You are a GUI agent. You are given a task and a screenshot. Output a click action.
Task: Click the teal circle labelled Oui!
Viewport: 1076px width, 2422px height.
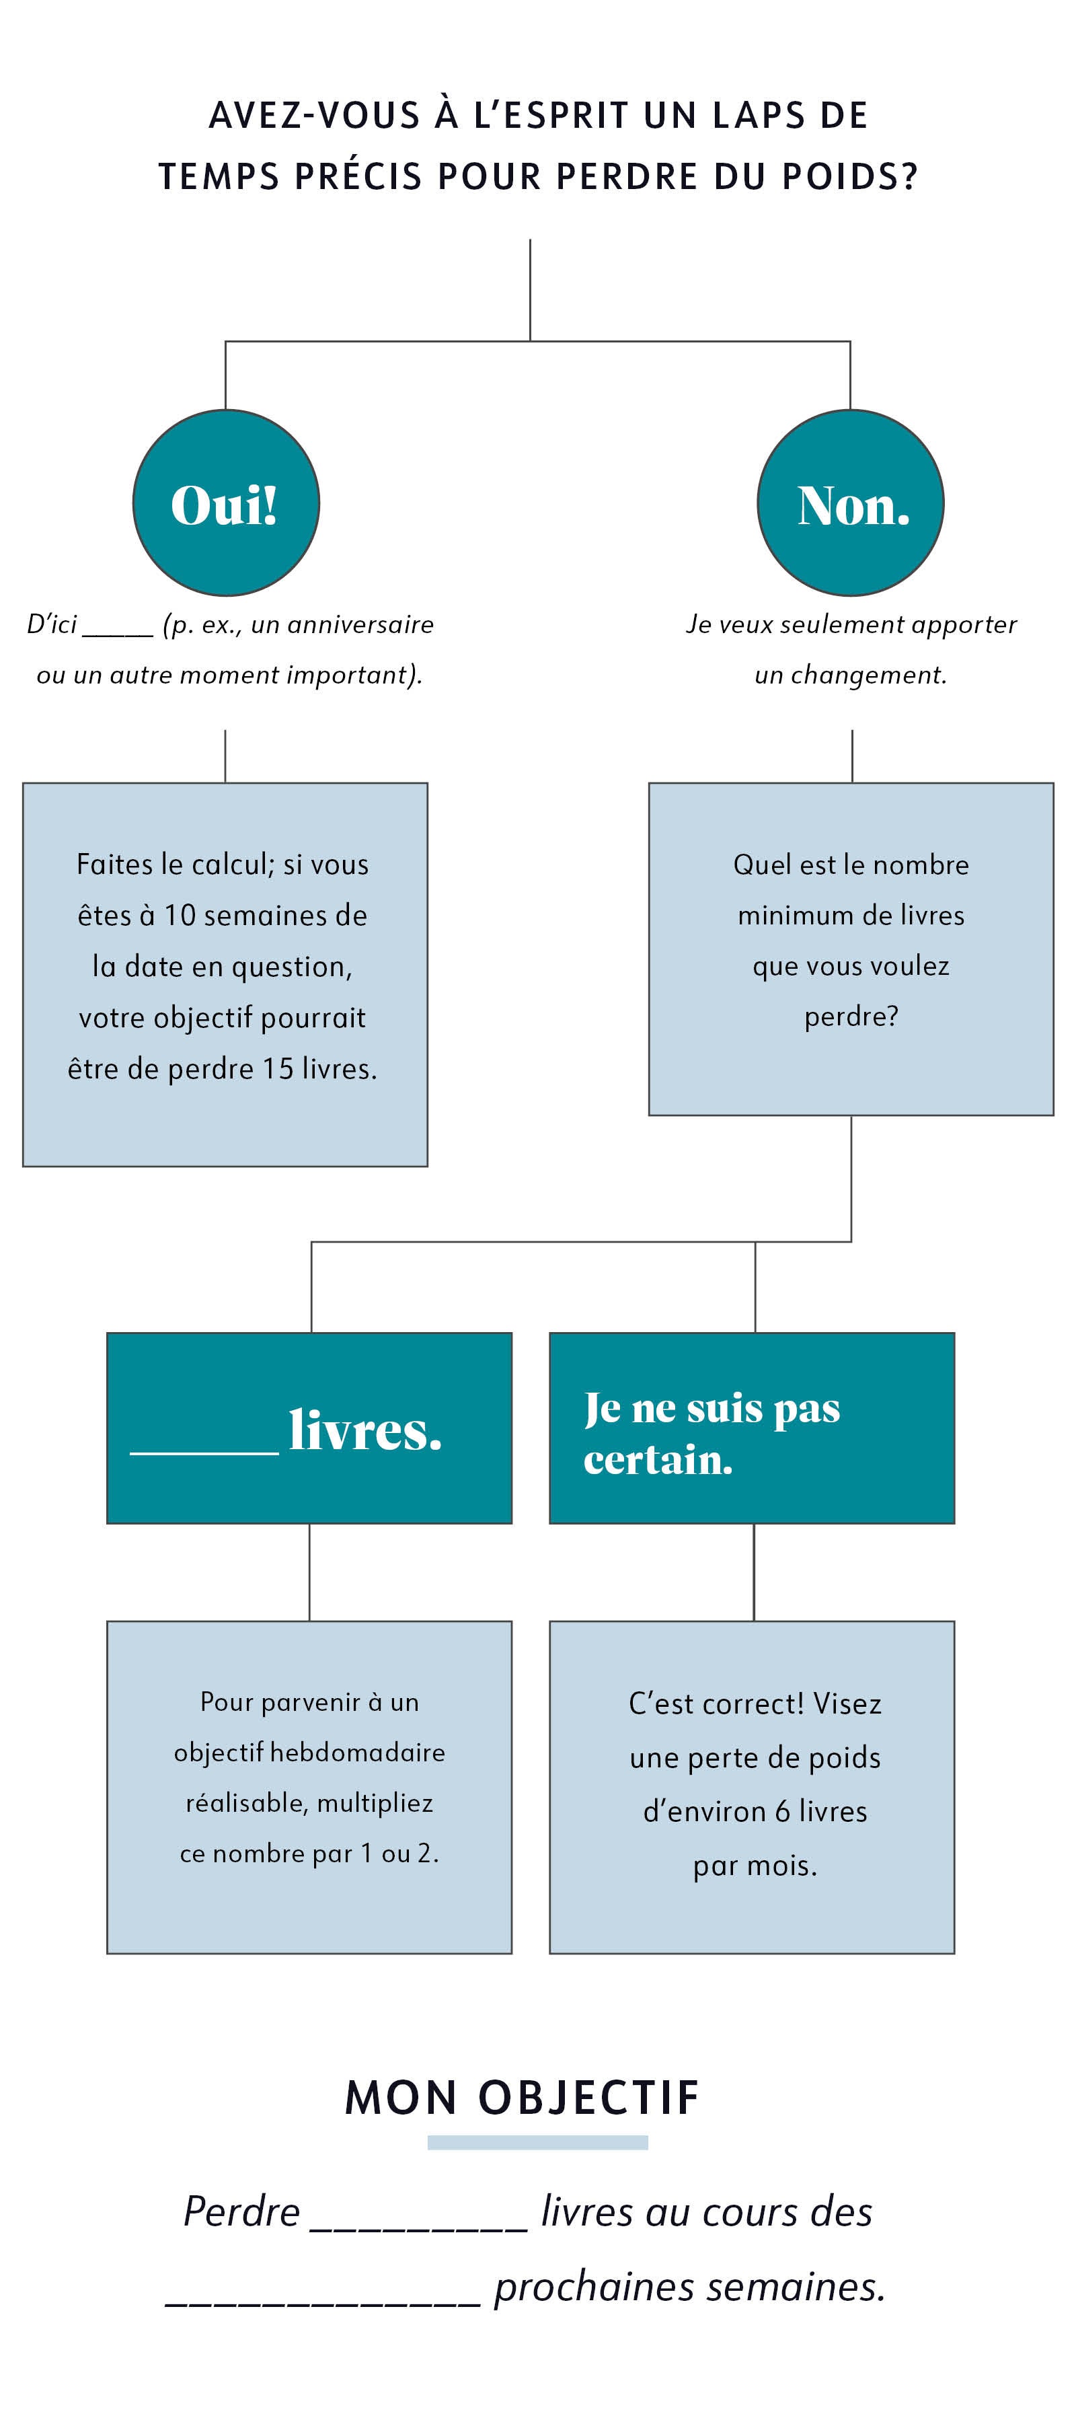click(225, 503)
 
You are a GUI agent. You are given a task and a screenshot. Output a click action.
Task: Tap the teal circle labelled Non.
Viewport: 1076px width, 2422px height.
click(851, 503)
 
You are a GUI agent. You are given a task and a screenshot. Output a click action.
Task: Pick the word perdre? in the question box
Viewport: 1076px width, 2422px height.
click(851, 1017)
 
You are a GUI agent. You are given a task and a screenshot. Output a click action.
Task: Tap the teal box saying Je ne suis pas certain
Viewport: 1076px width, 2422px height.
click(752, 1427)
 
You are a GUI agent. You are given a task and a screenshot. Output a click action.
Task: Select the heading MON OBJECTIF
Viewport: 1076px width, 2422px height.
click(523, 2098)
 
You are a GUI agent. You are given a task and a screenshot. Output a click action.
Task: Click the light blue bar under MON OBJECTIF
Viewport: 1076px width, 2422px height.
click(537, 2143)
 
